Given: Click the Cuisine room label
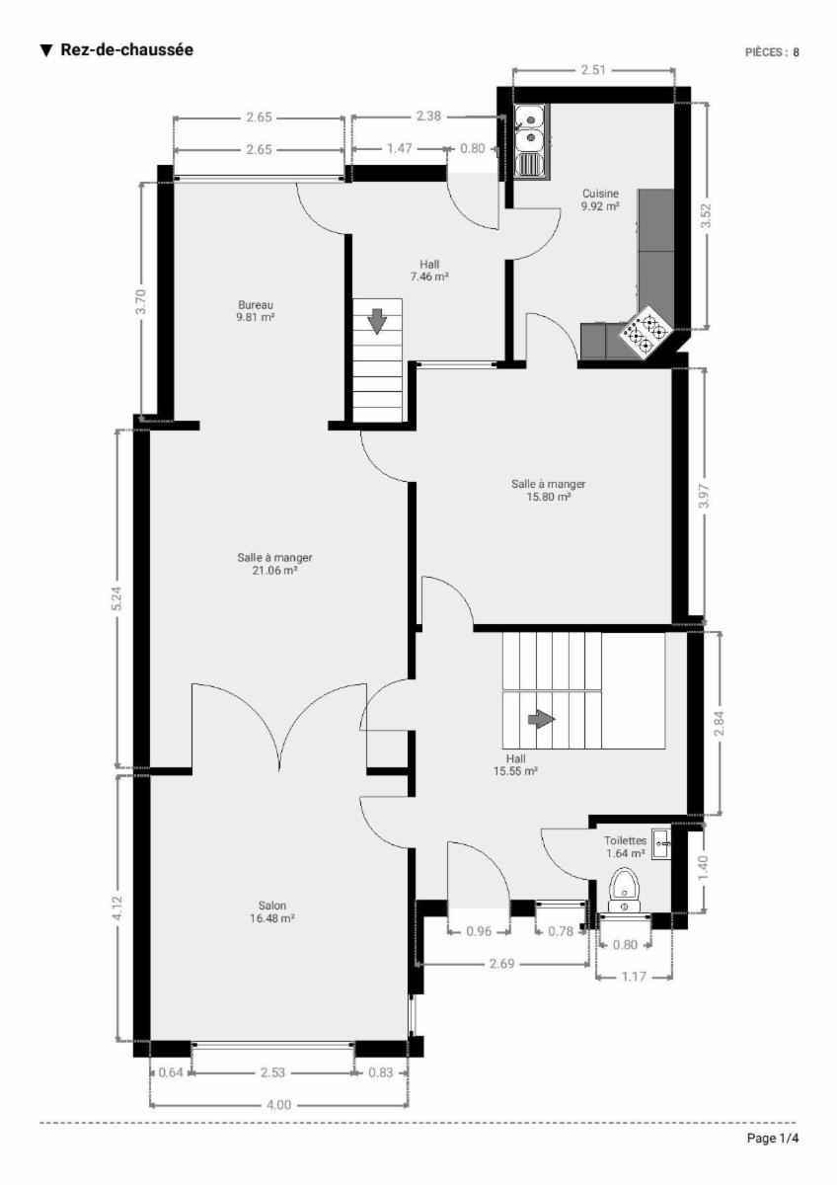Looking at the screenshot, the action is click(600, 194).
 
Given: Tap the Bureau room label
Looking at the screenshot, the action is click(256, 305).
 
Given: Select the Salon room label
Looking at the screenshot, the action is click(272, 906).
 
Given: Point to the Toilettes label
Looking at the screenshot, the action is click(626, 840).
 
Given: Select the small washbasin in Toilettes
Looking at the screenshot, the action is click(661, 844).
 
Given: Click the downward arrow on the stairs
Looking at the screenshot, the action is click(377, 322).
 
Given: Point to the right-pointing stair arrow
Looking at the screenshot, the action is click(542, 720).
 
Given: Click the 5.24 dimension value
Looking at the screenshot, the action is click(117, 598).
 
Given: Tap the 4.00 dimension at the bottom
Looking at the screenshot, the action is click(278, 1105).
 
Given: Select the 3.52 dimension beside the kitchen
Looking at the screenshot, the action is click(706, 216).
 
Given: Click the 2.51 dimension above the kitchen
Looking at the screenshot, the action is click(593, 70).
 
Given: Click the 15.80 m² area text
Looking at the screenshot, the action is click(549, 497).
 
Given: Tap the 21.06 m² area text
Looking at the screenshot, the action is click(274, 571).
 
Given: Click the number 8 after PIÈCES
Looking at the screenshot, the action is click(796, 52).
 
